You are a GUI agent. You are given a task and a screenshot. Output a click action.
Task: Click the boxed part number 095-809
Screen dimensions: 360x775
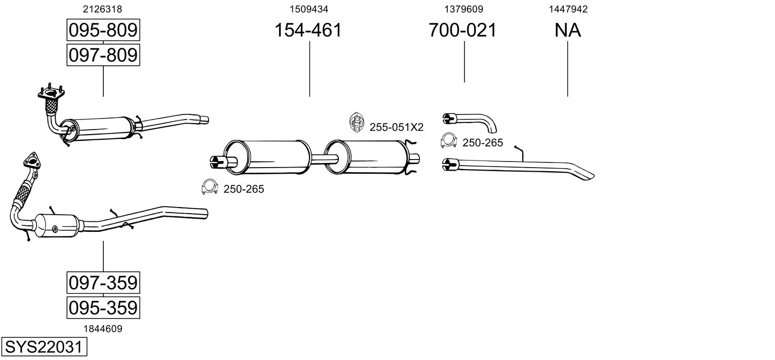103,30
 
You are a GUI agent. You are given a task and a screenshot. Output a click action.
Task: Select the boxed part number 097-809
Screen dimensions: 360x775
103,55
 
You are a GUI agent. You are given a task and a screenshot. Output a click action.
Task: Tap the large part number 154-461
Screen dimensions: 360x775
308,30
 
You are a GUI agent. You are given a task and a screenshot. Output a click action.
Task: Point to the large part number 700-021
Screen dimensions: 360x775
462,30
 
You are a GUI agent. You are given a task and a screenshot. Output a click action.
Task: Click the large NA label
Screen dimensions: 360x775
567,30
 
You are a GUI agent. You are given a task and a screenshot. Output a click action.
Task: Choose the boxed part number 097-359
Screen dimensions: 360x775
103,283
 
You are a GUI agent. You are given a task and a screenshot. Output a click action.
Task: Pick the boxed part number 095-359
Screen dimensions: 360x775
103,307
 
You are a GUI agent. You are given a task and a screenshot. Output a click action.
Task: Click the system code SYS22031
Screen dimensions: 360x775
44,347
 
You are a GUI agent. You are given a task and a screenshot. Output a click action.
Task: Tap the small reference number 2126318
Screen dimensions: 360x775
102,9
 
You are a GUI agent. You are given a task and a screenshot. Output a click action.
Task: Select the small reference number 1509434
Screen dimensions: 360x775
308,9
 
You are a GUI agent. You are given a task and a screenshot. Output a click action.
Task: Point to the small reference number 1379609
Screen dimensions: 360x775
463,9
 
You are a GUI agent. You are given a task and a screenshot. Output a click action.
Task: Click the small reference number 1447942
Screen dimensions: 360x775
568,9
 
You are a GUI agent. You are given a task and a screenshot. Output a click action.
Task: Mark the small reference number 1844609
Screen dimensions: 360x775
102,329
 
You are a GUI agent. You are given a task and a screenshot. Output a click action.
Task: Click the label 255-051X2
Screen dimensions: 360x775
396,128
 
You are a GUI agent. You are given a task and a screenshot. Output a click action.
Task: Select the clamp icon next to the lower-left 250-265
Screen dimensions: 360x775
209,187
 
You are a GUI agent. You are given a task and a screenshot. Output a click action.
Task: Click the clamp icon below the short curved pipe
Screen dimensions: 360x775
448,141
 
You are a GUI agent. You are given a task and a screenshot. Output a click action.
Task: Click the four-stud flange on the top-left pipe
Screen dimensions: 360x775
52,93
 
